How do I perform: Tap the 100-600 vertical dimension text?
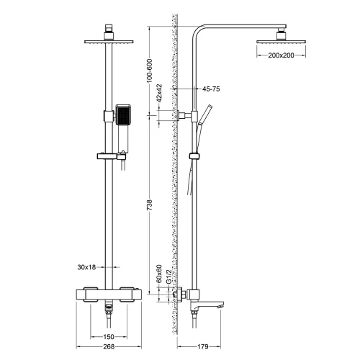[150, 71]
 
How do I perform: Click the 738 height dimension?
[150, 204]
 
